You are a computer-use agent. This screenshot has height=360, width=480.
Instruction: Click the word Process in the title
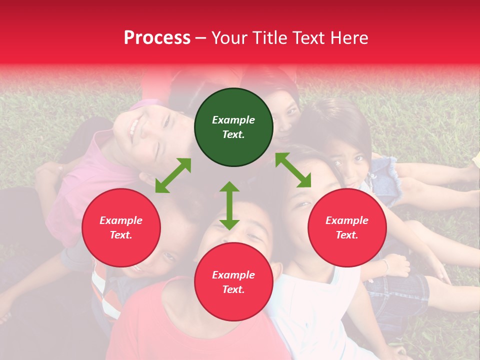[x=157, y=38]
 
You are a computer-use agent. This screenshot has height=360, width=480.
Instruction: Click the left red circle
[x=121, y=227]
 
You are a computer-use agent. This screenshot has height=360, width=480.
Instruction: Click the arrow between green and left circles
[x=173, y=175]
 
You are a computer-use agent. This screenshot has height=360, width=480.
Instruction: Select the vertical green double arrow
[x=229, y=205]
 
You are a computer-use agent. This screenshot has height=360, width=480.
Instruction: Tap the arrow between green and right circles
[x=293, y=170]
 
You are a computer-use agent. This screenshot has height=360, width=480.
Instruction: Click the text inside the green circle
[x=233, y=127]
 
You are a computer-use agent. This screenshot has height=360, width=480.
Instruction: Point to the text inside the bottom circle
[x=233, y=282]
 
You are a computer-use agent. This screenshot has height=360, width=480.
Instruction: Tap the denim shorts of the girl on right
[x=383, y=175]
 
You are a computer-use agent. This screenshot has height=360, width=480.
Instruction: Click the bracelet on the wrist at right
[x=385, y=265]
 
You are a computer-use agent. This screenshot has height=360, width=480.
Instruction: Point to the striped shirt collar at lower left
[x=100, y=285]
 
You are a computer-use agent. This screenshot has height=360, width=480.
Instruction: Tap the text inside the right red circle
[x=347, y=227]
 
